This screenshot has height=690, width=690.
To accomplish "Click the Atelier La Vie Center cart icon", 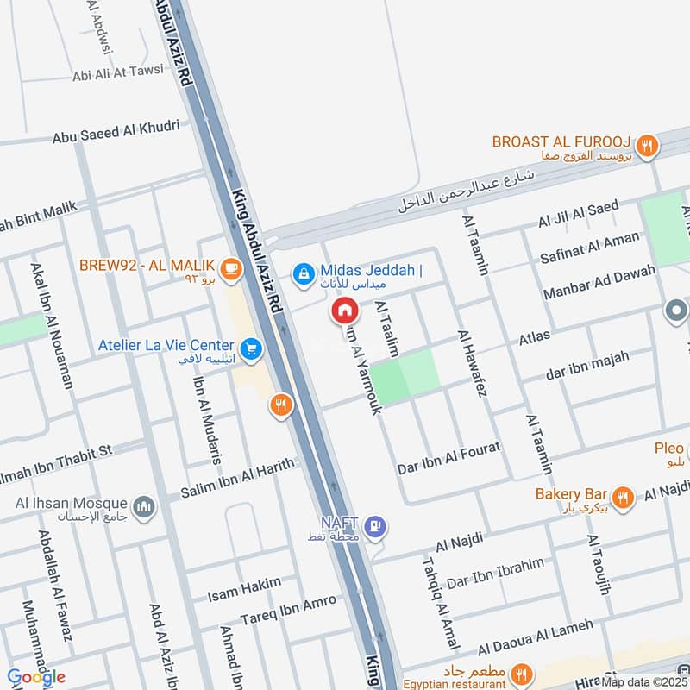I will click(x=251, y=348).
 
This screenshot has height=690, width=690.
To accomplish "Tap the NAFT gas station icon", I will click(x=375, y=524).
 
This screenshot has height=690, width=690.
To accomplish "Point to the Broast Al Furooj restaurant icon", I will click(x=649, y=145).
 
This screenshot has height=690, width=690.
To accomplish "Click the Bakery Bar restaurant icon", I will click(x=623, y=496).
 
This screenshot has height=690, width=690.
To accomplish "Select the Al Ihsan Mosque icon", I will click(x=143, y=504).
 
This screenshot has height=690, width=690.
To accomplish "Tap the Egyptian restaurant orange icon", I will click(x=521, y=673).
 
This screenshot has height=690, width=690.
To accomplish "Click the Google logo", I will click(x=36, y=677).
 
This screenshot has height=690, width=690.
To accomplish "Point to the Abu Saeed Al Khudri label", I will click(x=116, y=131).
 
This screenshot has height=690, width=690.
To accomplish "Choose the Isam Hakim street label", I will click(x=244, y=590).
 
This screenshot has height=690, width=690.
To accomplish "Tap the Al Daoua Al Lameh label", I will click(x=535, y=636).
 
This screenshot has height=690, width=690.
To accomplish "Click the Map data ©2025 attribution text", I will click(x=644, y=681).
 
